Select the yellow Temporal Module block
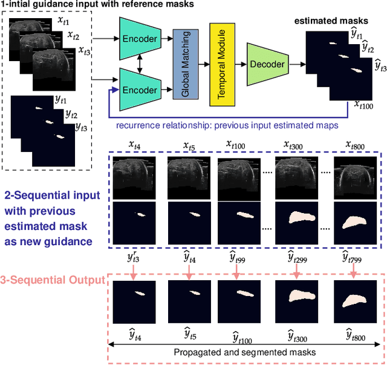(221, 63)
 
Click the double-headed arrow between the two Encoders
(140, 64)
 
